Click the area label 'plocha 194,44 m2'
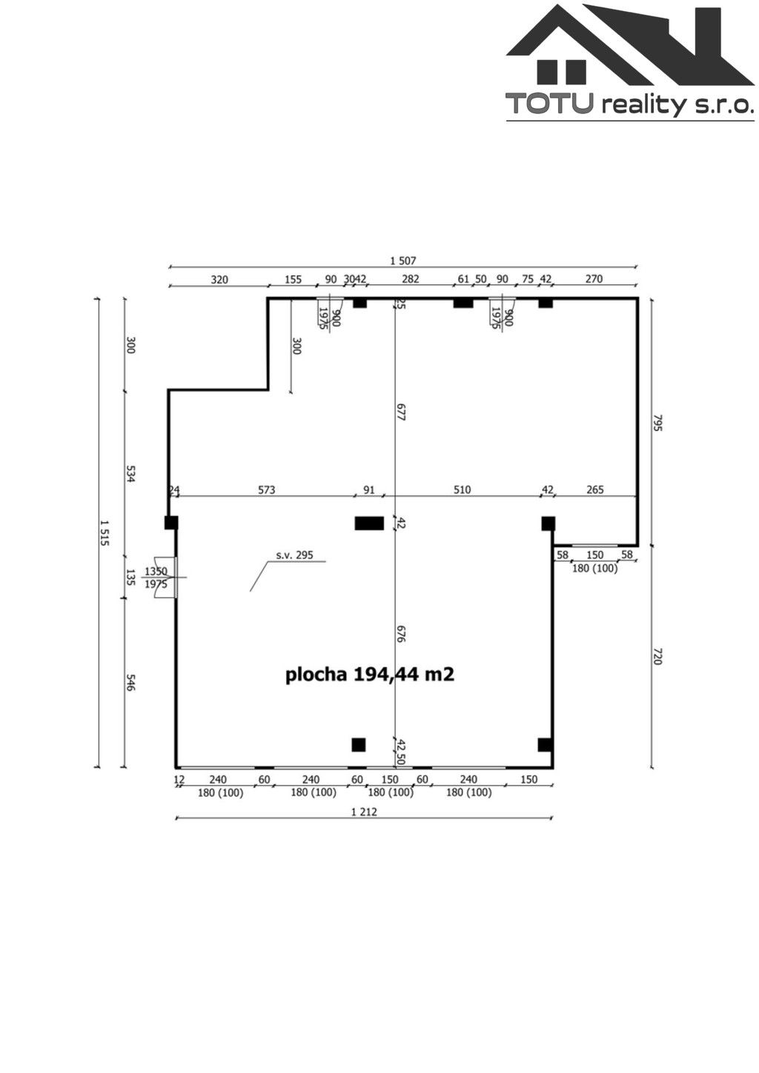point(369,675)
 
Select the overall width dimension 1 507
point(403,260)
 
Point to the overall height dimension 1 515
point(104,532)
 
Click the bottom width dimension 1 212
point(364,812)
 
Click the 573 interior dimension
point(266,489)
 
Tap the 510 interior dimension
point(462,489)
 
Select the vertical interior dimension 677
point(400,412)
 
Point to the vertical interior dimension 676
point(400,634)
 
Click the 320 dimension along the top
point(219,279)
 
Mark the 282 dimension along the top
point(410,279)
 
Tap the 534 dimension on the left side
point(130,474)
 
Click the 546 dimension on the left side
point(130,683)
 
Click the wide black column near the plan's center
point(369,524)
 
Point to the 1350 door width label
point(156,571)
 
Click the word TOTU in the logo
point(548,104)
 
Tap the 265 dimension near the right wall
point(594,489)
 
